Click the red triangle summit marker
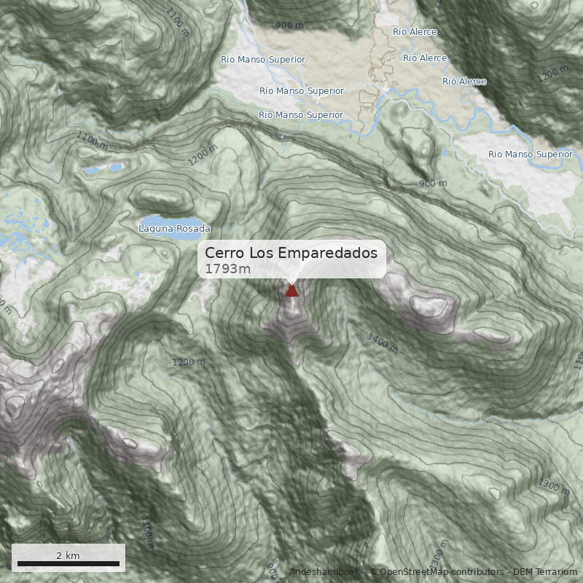[x=291, y=291]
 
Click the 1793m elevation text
[x=227, y=269]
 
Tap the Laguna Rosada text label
[x=174, y=229]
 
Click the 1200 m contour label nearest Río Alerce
[x=552, y=73]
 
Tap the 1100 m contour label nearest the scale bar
[x=146, y=533]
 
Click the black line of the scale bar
[x=68, y=563]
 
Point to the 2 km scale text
[x=68, y=555]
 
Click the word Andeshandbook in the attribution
[x=326, y=572]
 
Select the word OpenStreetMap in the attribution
[x=413, y=572]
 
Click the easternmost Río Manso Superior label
[x=531, y=154]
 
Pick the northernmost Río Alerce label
[x=415, y=32]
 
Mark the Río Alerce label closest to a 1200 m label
[x=464, y=82]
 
